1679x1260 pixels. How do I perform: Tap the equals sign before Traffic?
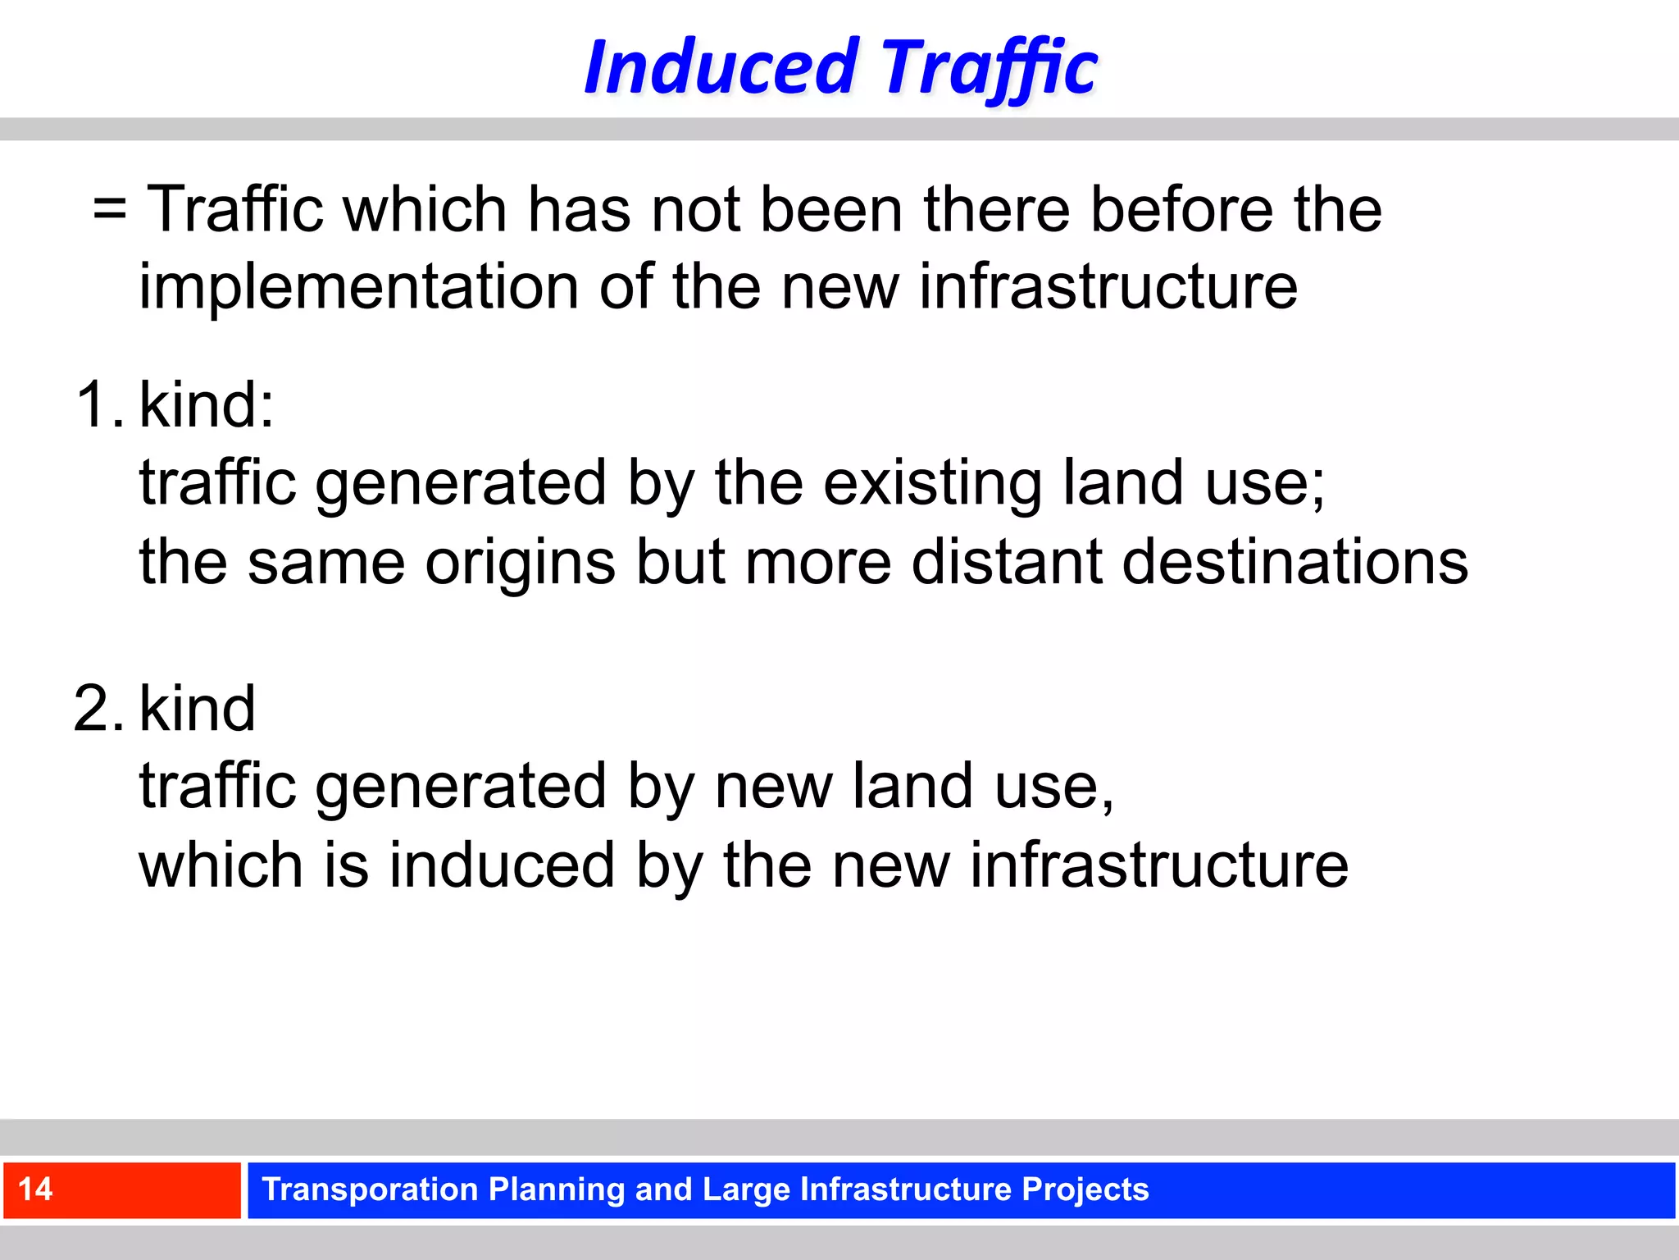tap(110, 210)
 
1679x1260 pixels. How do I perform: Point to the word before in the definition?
tap(1182, 210)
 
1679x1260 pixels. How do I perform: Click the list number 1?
tap(98, 405)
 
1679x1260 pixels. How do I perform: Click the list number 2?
tap(98, 709)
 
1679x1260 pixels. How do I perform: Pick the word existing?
tap(933, 482)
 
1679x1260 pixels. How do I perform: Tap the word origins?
tap(520, 563)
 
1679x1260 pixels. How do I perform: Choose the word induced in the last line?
tap(501, 866)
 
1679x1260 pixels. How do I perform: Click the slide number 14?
tap(36, 1189)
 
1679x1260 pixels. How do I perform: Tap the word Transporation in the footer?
tap(370, 1189)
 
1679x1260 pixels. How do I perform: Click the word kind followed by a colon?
tap(205, 405)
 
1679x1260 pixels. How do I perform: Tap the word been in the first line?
tap(832, 210)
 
